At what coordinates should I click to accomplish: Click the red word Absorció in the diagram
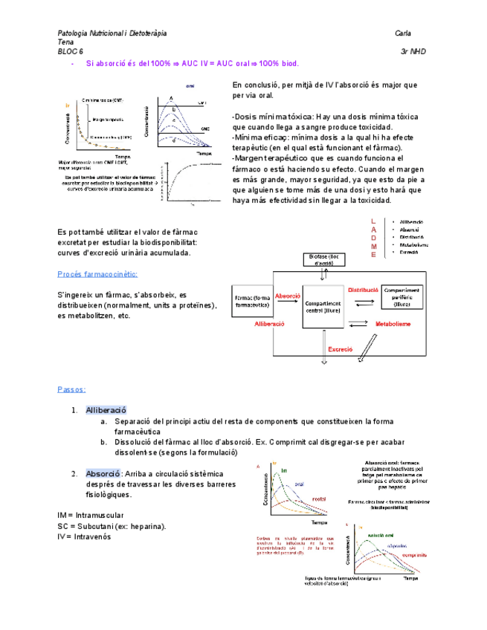coord(288,296)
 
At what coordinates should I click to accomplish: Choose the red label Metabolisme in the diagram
coord(394,324)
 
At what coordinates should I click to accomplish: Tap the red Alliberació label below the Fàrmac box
coord(270,325)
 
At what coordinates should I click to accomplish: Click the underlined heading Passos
coord(71,389)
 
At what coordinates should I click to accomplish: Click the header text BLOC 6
coord(71,52)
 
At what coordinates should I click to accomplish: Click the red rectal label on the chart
coord(320,499)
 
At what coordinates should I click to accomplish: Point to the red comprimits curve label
coord(413,556)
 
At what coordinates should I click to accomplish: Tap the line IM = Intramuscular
coord(91,515)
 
